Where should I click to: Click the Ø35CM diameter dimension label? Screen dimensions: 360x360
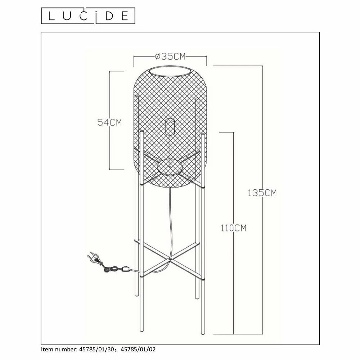pyautogui.click(x=170, y=56)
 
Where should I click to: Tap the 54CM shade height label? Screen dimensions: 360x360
pyautogui.click(x=109, y=122)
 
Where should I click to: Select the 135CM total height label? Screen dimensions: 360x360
pyautogui.click(x=262, y=193)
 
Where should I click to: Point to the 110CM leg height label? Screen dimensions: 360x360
pyautogui.click(x=234, y=228)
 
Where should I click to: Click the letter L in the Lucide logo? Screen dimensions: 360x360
pyautogui.click(x=51, y=16)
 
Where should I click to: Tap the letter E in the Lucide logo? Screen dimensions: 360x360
pyautogui.click(x=125, y=16)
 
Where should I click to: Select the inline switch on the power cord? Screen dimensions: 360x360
pyautogui.click(x=125, y=269)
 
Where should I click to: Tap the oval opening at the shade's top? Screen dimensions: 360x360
pyautogui.click(x=170, y=71)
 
